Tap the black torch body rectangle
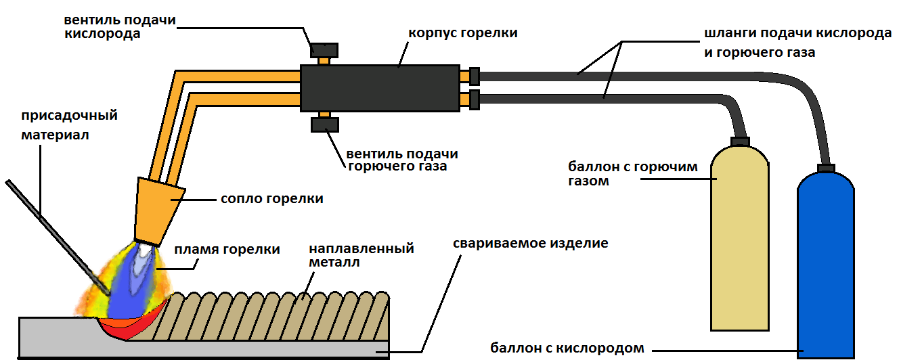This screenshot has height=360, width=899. [x=379, y=89]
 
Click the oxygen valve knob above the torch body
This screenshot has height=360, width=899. [x=324, y=50]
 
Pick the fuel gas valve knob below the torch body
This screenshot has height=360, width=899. [x=324, y=125]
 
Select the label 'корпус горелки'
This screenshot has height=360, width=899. [x=463, y=32]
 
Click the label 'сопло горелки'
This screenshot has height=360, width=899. [x=271, y=199]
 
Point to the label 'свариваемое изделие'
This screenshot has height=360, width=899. [x=531, y=242]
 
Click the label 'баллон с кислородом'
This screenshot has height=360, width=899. [x=566, y=348]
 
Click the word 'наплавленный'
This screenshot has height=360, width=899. [x=361, y=248]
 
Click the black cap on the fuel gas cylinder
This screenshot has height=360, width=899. [x=739, y=141]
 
